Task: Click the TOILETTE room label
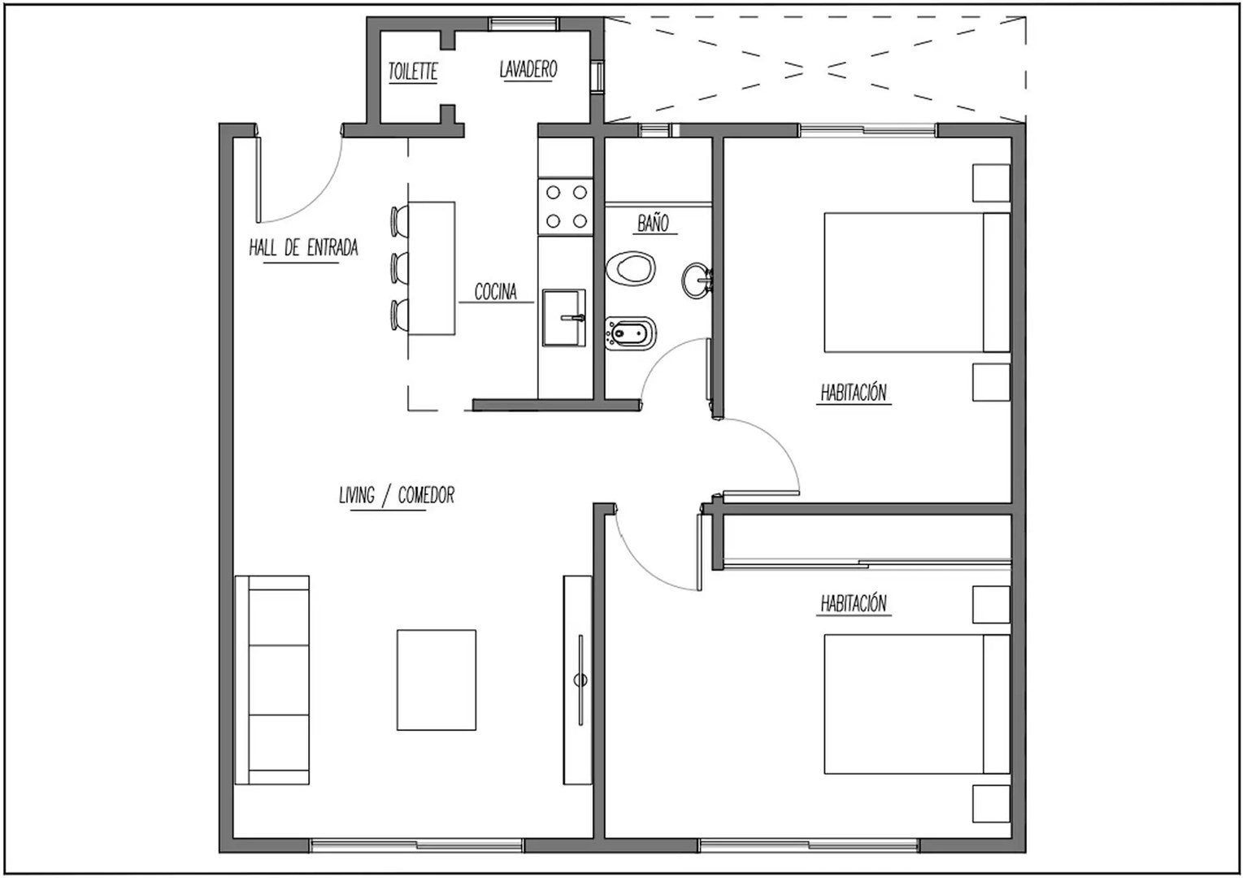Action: [x=413, y=72]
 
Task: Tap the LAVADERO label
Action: [x=528, y=69]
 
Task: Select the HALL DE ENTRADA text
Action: [x=303, y=247]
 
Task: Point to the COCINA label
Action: [x=495, y=291]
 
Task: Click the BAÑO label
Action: [x=653, y=223]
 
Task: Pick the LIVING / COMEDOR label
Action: [x=397, y=494]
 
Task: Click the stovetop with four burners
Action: [x=566, y=206]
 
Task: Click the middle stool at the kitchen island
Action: [x=399, y=267]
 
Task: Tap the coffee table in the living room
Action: [x=437, y=680]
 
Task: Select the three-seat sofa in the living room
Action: [x=272, y=680]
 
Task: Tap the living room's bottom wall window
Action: [x=416, y=846]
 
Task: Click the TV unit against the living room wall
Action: [x=578, y=680]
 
